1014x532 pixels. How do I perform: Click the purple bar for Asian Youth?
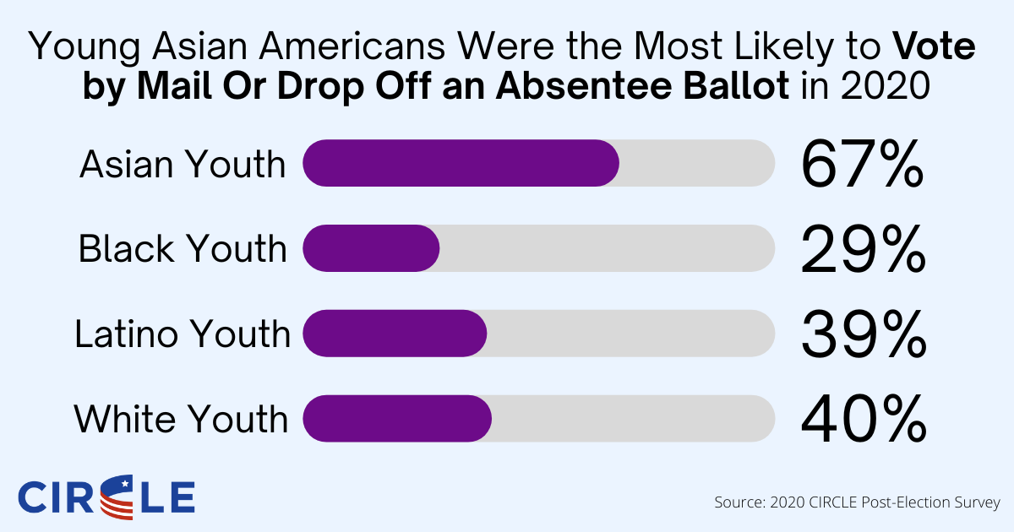click(x=461, y=163)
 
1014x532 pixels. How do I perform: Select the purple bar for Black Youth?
click(x=371, y=248)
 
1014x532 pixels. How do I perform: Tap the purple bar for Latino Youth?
click(x=395, y=334)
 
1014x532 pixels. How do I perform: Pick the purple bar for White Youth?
click(x=397, y=418)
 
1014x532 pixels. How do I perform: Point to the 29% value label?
click(x=861, y=249)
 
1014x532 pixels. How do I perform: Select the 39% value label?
click(x=861, y=334)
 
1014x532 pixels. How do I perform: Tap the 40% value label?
click(x=861, y=419)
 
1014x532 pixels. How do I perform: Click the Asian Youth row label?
click(x=183, y=164)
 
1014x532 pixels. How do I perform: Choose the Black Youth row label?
click(x=183, y=249)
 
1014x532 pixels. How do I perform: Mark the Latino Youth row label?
click(x=183, y=334)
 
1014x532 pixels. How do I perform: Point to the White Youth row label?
click(x=183, y=419)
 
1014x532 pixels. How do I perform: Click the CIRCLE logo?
click(x=106, y=497)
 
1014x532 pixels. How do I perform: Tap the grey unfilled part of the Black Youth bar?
click(x=607, y=248)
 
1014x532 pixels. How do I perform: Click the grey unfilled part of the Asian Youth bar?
click(x=696, y=163)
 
